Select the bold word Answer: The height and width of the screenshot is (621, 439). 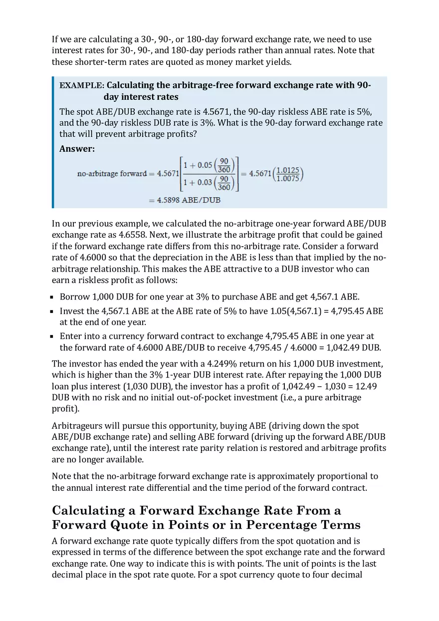[77, 149]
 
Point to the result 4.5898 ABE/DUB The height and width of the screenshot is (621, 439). [185, 200]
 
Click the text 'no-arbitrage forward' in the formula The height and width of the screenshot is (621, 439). [112, 174]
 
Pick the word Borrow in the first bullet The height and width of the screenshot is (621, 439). [74, 297]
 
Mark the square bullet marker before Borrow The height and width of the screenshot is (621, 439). [53, 297]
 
